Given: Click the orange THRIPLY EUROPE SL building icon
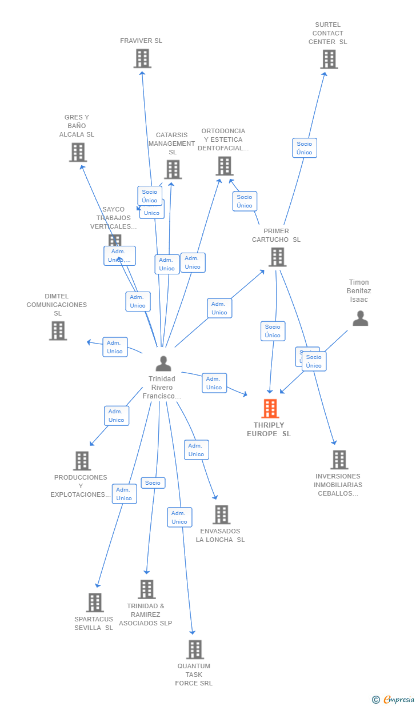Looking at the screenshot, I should tap(270, 409).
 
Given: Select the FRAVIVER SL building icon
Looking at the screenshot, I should tap(142, 58).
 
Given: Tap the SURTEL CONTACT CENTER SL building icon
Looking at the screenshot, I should tap(329, 59).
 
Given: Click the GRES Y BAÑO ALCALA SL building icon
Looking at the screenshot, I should tap(78, 153).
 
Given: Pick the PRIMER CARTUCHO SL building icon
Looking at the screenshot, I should tap(277, 257).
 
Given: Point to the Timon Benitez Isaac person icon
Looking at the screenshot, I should tap(360, 318).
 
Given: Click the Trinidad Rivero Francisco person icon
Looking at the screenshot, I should tap(163, 364).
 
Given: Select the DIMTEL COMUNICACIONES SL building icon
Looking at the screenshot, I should tap(58, 331).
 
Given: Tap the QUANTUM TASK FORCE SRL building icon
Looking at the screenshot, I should tap(195, 649).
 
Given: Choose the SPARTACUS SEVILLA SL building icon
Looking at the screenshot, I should tap(95, 603).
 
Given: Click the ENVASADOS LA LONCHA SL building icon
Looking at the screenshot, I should tap(221, 514).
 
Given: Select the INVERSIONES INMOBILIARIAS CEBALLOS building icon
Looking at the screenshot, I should tap(339, 460).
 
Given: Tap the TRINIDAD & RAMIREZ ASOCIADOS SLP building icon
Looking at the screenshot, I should tap(147, 589).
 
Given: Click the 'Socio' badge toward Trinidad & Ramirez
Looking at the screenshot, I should tap(153, 483).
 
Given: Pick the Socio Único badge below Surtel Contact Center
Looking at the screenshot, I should tap(305, 148).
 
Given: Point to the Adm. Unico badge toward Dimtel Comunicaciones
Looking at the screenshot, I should tap(115, 347).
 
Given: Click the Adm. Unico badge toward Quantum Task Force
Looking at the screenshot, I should tap(179, 517).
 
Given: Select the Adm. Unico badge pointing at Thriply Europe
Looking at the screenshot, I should tap(214, 383).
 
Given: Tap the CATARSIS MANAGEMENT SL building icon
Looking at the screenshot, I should tap(173, 170).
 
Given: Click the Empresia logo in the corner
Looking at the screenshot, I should tap(394, 699).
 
